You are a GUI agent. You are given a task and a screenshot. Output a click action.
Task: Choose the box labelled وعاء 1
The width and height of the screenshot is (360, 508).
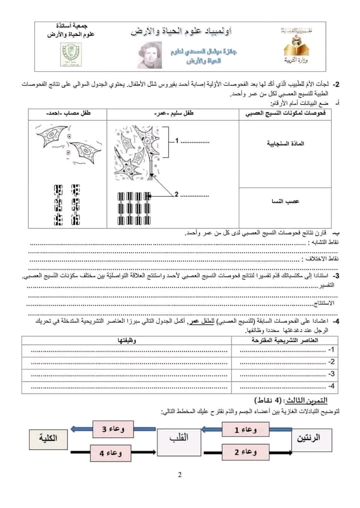point(245,429)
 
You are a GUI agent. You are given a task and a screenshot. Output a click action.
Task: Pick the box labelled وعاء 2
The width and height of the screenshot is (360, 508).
point(245,452)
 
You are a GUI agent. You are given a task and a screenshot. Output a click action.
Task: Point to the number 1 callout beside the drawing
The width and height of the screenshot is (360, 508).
point(176,141)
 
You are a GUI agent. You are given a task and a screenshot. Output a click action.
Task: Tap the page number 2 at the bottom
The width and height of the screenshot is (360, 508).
point(179,475)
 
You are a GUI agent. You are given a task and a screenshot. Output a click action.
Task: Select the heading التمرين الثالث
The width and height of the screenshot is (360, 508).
point(291,401)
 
